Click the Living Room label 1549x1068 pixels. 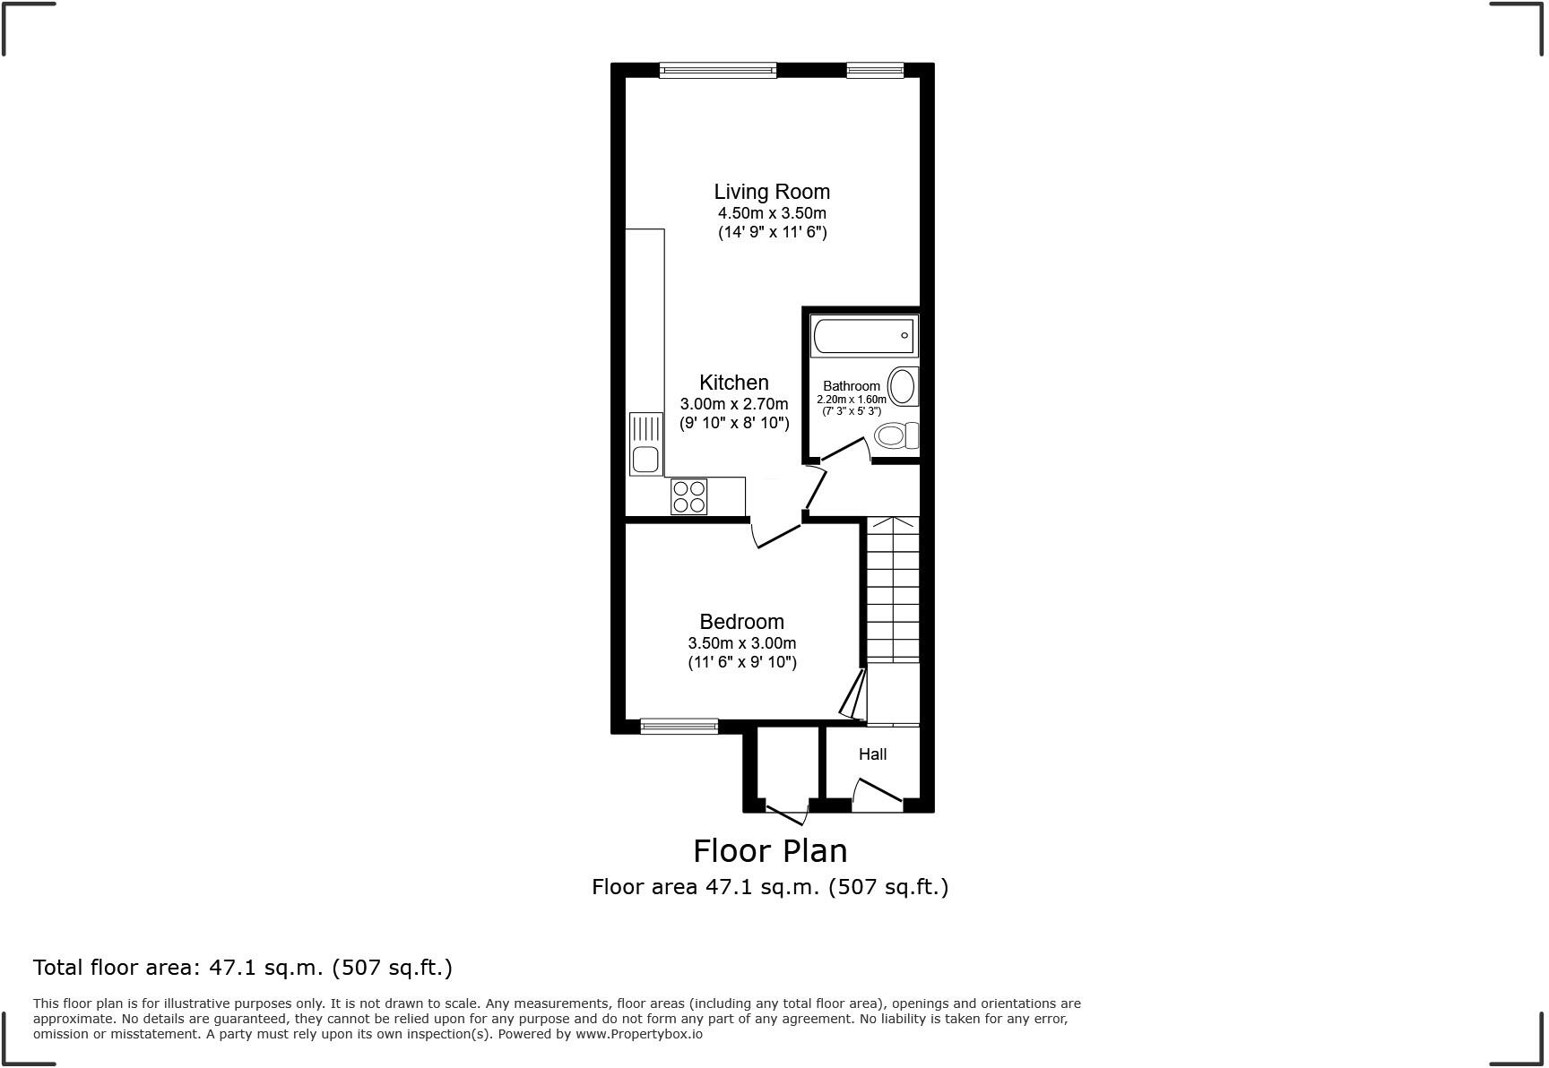click(771, 192)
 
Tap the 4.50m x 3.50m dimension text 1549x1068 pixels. click(771, 213)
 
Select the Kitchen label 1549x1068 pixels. click(733, 383)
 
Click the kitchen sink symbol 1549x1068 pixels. click(645, 444)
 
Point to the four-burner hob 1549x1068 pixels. click(688, 496)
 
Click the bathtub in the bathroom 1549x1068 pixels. click(862, 336)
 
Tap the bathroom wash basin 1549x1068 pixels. click(903, 387)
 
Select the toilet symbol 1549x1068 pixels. click(896, 436)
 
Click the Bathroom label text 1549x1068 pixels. click(851, 386)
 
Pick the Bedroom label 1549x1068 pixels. click(741, 622)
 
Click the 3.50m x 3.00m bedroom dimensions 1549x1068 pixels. click(741, 643)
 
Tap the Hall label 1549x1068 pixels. click(872, 754)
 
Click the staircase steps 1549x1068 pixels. click(893, 591)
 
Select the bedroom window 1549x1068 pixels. click(679, 726)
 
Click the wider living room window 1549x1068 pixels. click(717, 70)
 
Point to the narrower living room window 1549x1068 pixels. click(875, 70)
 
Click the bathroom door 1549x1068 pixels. click(845, 449)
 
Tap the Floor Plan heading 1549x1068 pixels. click(770, 850)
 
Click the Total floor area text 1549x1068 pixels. click(242, 968)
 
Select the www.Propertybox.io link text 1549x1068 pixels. click(638, 1034)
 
